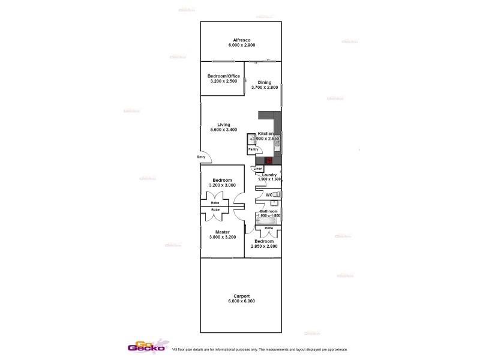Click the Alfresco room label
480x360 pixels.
[x=241, y=40]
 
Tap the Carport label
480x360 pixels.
[x=241, y=296]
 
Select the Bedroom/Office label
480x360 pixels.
[x=224, y=76]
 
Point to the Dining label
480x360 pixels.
[x=265, y=82]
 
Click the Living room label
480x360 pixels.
[x=224, y=125]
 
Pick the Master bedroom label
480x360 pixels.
[x=224, y=232]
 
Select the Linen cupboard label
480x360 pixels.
[x=258, y=169]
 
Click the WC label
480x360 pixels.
[x=269, y=196]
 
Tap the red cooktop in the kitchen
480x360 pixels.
[x=269, y=160]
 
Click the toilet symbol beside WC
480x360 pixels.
[x=277, y=195]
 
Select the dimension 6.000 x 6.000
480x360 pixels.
[x=241, y=301]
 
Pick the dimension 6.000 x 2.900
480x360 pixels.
[x=241, y=45]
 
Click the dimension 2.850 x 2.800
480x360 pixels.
[x=267, y=247]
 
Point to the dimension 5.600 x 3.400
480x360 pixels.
[x=224, y=130]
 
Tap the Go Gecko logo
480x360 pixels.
[x=144, y=347]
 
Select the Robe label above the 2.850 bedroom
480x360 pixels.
[x=269, y=229]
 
